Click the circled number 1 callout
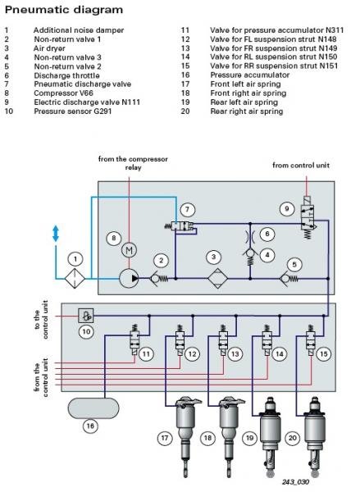pos(75,259)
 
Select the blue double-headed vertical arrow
pos(56,234)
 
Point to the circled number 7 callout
pos(187,210)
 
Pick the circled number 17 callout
pos(165,440)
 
